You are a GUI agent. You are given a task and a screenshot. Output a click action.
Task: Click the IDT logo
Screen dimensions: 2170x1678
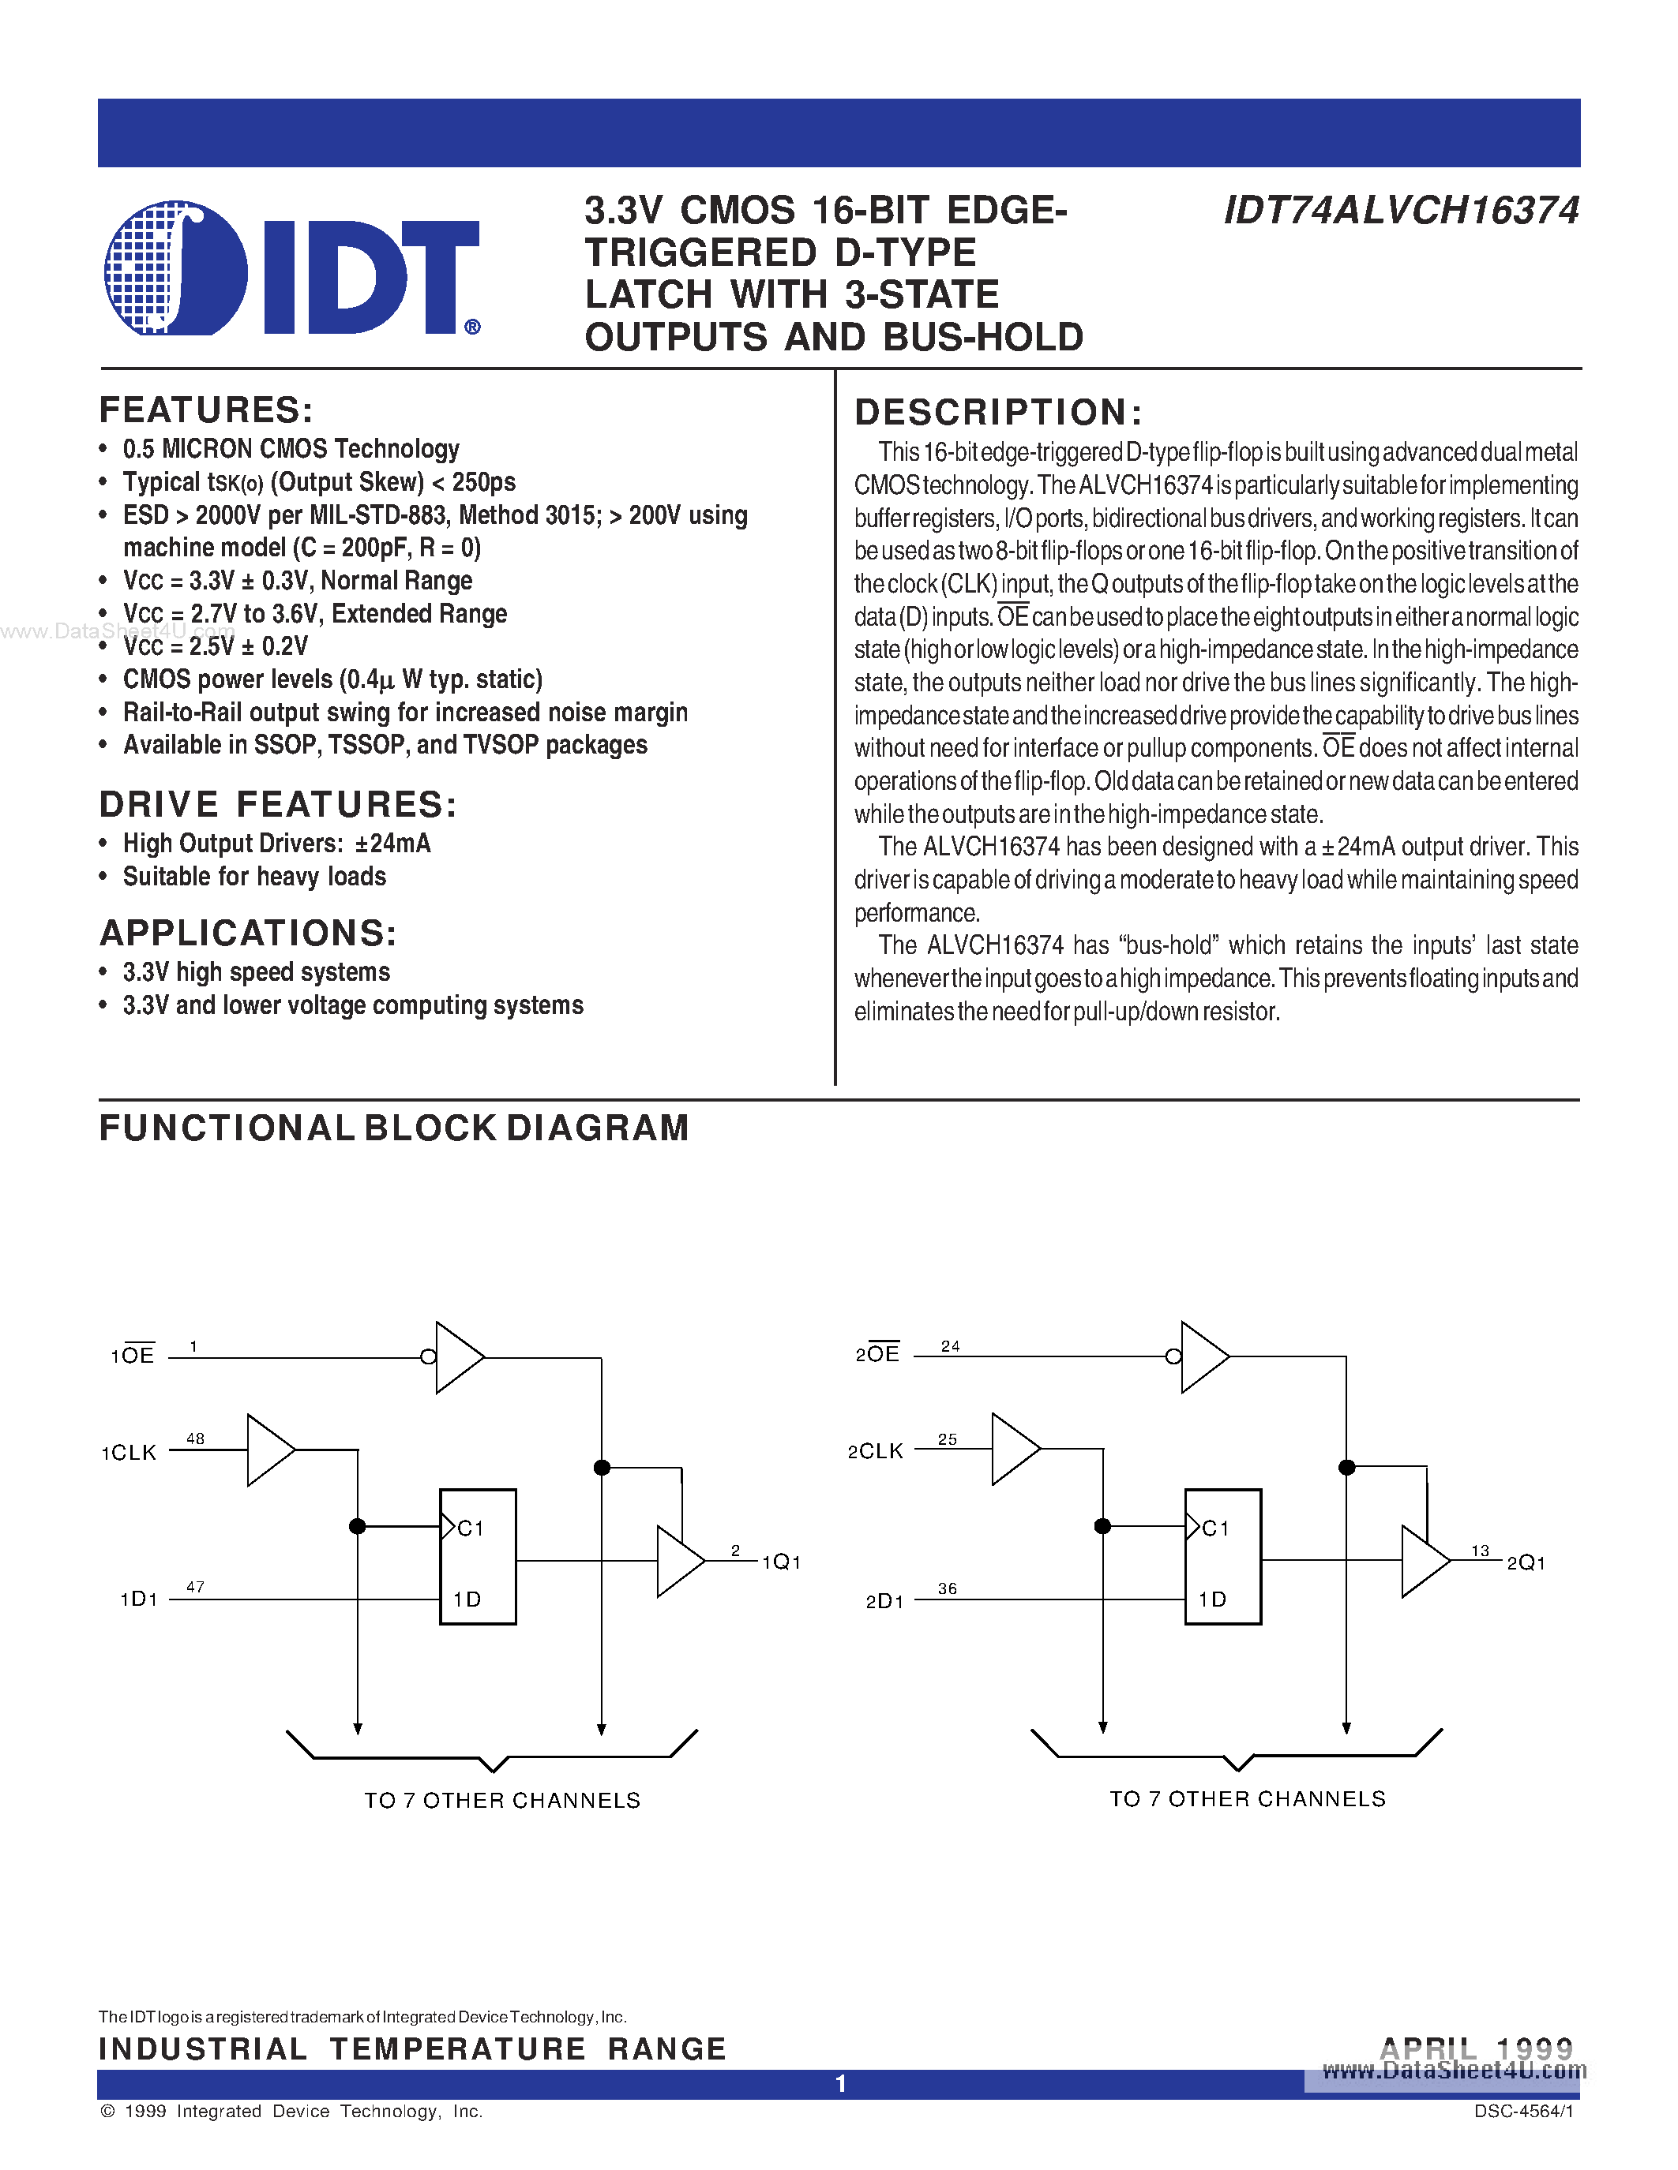point(291,269)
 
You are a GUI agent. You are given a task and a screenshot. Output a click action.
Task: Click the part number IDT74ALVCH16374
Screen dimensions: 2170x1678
point(1401,211)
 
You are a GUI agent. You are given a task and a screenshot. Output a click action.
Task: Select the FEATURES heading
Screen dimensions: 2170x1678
point(206,410)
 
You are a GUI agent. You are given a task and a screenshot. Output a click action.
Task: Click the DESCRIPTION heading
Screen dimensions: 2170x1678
point(997,413)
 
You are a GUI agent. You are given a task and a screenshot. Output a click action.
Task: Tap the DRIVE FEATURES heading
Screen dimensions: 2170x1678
point(278,804)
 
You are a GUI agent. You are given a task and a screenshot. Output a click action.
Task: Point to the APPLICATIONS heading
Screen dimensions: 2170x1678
point(249,933)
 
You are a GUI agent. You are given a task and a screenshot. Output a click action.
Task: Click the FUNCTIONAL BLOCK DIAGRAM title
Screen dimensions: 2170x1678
point(394,1128)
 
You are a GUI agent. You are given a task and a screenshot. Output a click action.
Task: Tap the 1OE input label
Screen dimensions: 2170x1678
point(132,1355)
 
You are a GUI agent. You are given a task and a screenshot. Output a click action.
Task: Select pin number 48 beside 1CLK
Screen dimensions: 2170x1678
point(195,1439)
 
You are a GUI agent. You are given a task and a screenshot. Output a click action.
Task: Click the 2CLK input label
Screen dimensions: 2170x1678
point(875,1452)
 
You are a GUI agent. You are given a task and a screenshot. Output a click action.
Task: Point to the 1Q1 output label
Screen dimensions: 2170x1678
point(781,1562)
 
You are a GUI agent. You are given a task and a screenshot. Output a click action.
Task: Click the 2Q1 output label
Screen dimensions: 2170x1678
point(1526,1563)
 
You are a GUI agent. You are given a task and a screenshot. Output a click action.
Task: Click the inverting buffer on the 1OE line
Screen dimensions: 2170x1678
point(456,1357)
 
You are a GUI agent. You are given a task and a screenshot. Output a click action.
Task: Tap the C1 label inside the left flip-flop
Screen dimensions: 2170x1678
point(470,1528)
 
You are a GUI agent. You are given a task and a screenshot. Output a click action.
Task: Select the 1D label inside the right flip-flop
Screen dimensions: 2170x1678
point(1212,1599)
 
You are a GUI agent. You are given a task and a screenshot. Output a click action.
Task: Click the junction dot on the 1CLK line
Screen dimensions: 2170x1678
point(358,1526)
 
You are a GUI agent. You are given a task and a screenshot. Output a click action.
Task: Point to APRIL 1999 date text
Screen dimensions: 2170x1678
point(1476,2048)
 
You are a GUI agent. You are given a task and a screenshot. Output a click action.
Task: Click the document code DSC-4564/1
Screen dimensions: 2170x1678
point(1523,2112)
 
